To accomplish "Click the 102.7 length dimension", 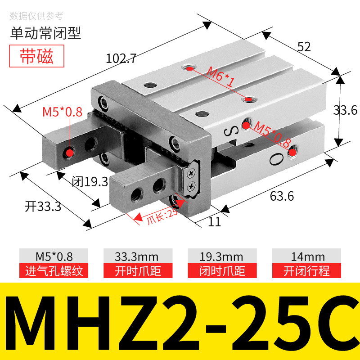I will (x=121, y=58).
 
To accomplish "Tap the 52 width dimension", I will (x=304, y=47).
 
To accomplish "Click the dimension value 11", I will (x=215, y=221).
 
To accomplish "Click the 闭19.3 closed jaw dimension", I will (x=90, y=182).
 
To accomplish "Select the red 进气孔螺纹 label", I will (x=54, y=271).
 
